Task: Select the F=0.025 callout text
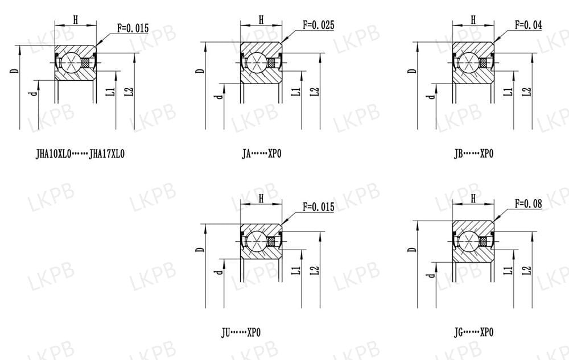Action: [x=318, y=25]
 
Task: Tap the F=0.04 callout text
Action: [x=528, y=25]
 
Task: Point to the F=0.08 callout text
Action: [x=528, y=204]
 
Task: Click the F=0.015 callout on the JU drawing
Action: [x=318, y=207]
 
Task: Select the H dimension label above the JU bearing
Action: [x=261, y=198]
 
